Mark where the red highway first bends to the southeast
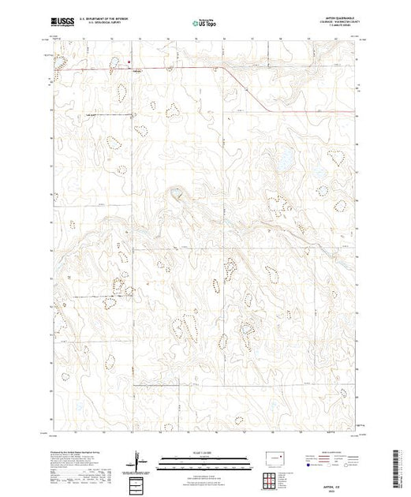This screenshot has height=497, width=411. click(222, 69)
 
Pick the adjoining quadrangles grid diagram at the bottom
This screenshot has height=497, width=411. click(139, 483)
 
